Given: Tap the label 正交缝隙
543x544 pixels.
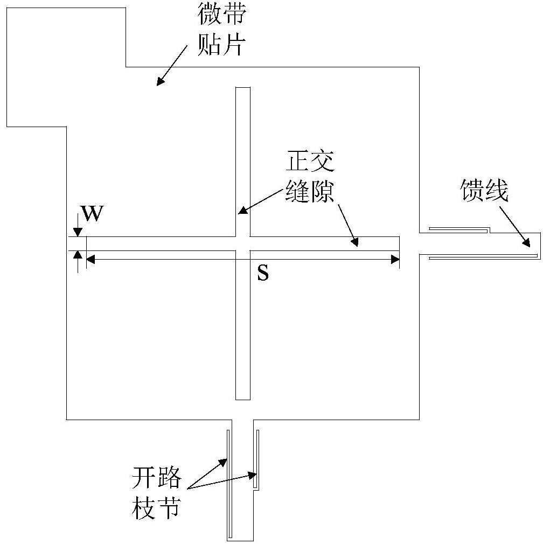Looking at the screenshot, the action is point(310,176).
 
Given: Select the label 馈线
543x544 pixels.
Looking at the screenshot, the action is point(484,190).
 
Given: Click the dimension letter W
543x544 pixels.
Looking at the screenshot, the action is point(92,213).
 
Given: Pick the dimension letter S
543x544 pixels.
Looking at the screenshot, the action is point(263,273).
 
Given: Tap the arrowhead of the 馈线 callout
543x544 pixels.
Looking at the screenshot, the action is point(527,242).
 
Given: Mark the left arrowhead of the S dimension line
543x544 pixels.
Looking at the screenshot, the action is point(90,259).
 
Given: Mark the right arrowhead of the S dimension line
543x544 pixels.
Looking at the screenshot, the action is point(395,259).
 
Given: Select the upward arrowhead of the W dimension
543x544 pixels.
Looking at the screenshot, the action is point(78,255).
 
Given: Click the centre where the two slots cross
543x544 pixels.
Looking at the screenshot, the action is point(243,243).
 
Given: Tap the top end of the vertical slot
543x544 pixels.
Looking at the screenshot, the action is point(243,87).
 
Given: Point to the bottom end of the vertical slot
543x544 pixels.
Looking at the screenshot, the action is point(243,399).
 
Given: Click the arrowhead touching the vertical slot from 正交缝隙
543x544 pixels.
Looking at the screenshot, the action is point(242,210).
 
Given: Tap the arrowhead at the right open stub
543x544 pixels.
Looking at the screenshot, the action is point(252,476).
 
